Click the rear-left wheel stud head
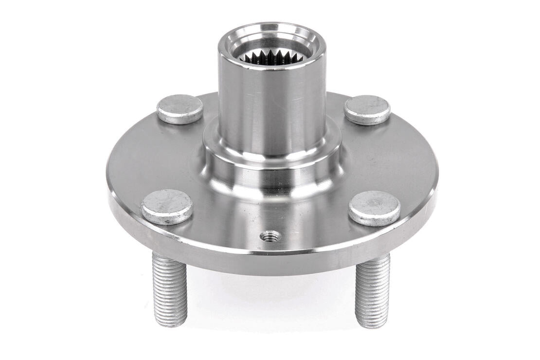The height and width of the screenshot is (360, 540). pos(180,109)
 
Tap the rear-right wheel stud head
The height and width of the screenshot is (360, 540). pos(367,109)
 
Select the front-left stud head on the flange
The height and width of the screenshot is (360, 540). pos(167,207)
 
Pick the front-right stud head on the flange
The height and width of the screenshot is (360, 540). pos(375,208)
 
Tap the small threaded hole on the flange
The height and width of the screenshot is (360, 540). pos(270,236)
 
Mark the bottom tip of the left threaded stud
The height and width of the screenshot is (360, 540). pos(171,324)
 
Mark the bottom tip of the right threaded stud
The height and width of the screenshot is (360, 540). pos(372,325)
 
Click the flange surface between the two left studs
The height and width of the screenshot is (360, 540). pos(146,156)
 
